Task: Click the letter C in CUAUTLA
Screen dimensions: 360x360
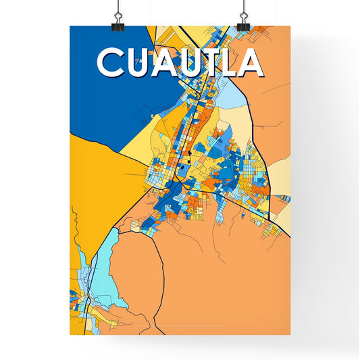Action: coord(110,62)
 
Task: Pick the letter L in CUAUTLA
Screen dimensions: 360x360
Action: coord(233,62)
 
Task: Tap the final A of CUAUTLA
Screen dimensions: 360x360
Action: coord(251,62)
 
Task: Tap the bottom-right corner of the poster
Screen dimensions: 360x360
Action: coord(290,335)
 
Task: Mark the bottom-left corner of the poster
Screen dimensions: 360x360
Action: coord(70,335)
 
